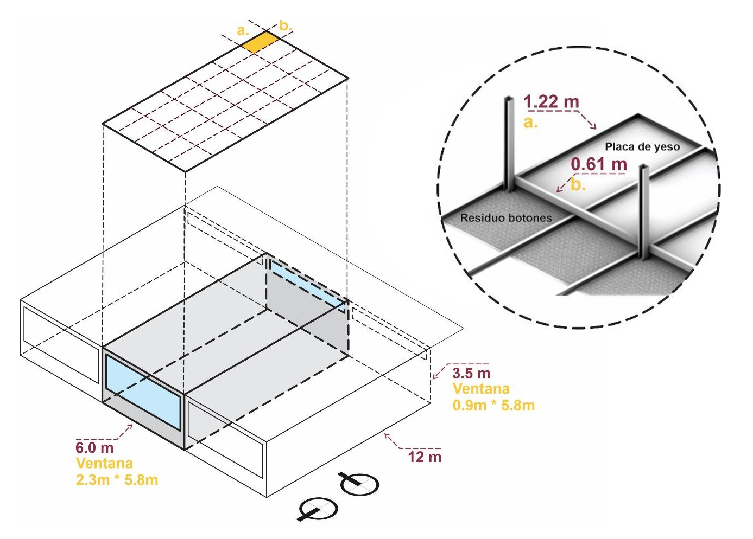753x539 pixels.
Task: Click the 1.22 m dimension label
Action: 551,101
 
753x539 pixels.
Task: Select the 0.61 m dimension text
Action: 599,164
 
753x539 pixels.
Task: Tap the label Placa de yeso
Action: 642,147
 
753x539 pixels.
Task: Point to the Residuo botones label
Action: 506,218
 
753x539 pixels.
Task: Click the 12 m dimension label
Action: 425,457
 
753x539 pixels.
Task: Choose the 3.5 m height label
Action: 471,373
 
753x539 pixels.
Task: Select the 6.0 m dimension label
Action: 94,448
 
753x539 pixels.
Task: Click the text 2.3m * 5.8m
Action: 117,480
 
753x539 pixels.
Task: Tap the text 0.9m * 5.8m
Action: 493,406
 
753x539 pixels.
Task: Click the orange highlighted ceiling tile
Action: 261,41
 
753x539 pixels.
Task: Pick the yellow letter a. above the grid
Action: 243,31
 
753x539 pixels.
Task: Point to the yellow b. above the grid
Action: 286,25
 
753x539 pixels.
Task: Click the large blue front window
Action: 143,392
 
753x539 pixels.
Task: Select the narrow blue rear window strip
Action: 308,285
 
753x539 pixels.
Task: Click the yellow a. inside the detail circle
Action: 530,123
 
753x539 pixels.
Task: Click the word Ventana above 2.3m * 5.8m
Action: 105,464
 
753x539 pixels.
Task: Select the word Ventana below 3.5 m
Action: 481,389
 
